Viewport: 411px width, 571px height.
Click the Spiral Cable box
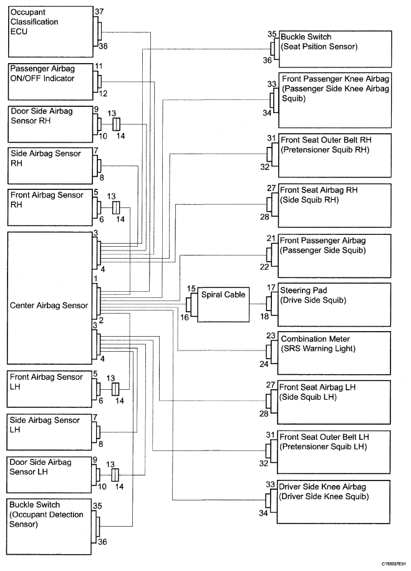click(223, 304)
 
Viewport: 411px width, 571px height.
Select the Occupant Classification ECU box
click(51, 31)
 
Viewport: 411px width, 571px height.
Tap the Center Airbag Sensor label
click(49, 305)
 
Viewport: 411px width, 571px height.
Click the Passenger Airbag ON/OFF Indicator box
click(51, 82)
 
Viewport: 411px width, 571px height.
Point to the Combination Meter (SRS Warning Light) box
click(334, 353)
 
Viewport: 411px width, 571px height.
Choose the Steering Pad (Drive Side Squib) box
click(334, 305)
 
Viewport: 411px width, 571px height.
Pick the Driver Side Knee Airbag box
click(333, 502)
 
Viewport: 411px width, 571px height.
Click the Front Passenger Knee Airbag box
click(335, 100)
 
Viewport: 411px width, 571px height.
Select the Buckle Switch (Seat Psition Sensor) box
click(335, 49)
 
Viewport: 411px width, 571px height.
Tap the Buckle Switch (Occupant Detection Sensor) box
click(49, 527)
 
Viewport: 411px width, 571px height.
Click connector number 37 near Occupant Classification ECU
click(99, 12)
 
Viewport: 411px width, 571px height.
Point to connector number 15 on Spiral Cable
click(191, 289)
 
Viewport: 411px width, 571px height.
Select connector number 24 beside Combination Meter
click(264, 364)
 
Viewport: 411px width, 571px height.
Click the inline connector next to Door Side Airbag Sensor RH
click(116, 124)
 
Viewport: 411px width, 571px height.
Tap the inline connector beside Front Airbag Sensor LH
click(115, 389)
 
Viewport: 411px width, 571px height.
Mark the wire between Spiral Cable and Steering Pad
click(258, 304)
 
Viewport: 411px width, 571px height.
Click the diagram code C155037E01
click(394, 563)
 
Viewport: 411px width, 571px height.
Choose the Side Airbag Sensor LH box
click(49, 432)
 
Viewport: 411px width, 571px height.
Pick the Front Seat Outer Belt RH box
click(335, 156)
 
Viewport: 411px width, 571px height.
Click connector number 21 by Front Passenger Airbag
click(271, 239)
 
